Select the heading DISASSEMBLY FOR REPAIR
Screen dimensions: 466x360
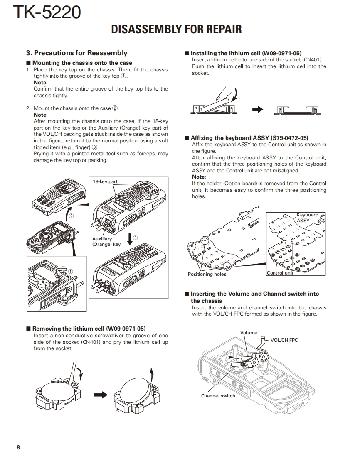(x=176, y=29)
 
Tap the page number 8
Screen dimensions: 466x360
(x=18, y=447)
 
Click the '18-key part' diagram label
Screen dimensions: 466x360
(x=105, y=181)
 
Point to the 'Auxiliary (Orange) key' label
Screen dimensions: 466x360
(x=106, y=242)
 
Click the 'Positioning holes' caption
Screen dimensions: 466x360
(x=207, y=274)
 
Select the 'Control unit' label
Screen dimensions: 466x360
(x=280, y=273)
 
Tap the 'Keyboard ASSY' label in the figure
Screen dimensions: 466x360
(x=307, y=218)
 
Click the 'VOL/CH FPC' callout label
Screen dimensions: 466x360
(x=284, y=340)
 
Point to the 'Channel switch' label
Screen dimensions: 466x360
(x=218, y=396)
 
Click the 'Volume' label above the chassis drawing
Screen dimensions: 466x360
(x=249, y=333)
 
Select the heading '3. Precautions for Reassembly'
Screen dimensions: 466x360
(x=76, y=53)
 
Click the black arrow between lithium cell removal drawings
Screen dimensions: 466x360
(x=100, y=395)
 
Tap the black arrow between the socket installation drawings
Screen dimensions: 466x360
(x=258, y=110)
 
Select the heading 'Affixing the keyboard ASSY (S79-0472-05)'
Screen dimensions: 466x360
(x=249, y=138)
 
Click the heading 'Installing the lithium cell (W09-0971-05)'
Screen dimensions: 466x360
(x=246, y=53)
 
